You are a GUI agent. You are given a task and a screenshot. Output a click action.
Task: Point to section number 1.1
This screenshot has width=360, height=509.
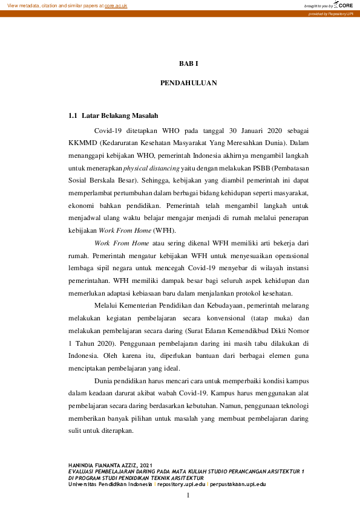click(x=73, y=115)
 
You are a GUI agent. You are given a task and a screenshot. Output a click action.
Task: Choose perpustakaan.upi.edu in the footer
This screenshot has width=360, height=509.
click(x=236, y=484)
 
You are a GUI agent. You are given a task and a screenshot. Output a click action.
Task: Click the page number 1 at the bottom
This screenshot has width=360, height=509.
click(x=188, y=496)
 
